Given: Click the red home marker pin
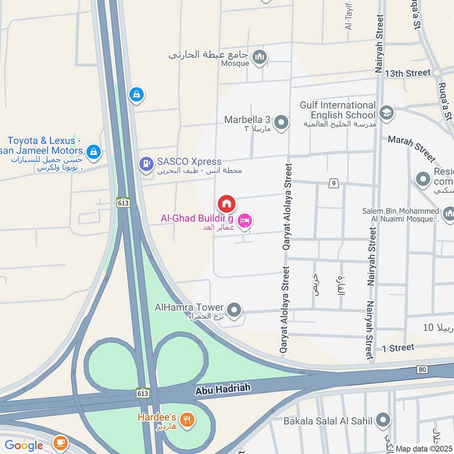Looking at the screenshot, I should click(226, 203).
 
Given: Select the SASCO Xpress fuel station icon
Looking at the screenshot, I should click(146, 165).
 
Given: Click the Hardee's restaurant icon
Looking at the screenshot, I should click(188, 421).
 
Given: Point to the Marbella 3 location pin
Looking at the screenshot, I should click(281, 122).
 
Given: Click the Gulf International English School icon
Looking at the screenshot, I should click(387, 111).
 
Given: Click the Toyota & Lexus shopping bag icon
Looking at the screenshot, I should click(94, 152).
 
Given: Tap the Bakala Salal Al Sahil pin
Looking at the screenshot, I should click(384, 421).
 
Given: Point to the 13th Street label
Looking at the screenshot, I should click(407, 73).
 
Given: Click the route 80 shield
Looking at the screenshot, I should click(421, 369).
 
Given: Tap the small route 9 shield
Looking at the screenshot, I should click(333, 183).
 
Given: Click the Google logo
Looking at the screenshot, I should click(24, 445).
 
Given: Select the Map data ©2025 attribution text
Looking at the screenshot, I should click(423, 449).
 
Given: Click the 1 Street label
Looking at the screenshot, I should click(398, 347).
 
